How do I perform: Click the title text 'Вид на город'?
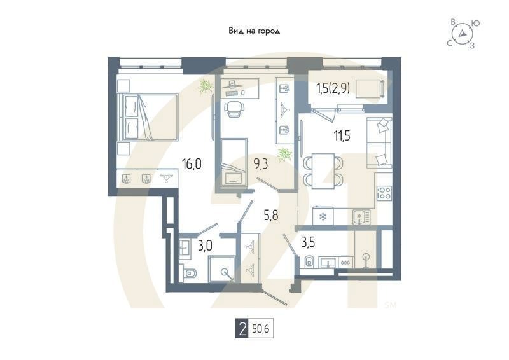point(254,31)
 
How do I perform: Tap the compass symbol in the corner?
point(463,34)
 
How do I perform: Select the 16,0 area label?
point(192,164)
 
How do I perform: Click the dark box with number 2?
point(241,329)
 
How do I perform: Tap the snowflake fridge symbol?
point(323,217)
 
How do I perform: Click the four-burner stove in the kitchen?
point(384,193)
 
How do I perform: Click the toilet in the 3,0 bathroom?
point(190,274)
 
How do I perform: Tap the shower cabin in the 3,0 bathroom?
point(224,270)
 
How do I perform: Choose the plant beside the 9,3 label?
point(286,153)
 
